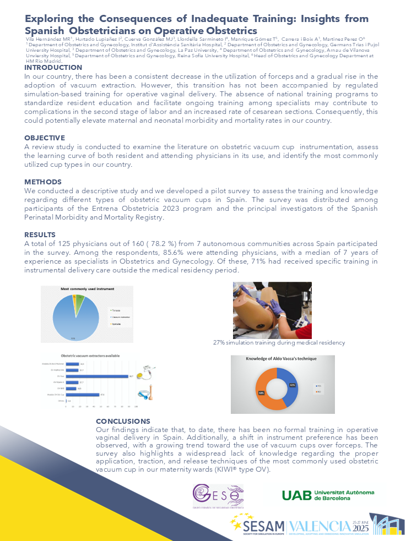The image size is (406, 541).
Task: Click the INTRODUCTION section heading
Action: pos(53,68)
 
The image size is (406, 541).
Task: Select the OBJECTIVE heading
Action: pos(45,138)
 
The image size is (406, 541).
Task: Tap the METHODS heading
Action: pos(43,182)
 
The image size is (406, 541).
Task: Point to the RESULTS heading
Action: pos(40,235)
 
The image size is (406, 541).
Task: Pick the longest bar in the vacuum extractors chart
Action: pos(98,376)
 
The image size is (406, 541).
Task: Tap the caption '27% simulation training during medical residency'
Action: pos(279,342)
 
